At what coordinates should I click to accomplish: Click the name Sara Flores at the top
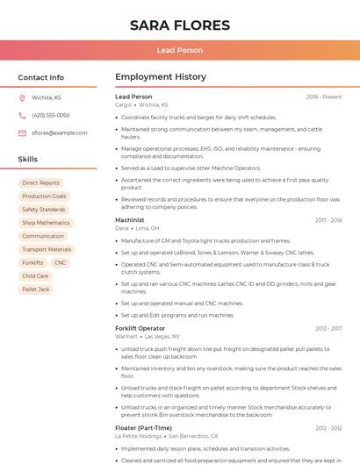point(180,25)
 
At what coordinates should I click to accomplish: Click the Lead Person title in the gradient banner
point(180,50)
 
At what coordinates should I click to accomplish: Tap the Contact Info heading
point(41,77)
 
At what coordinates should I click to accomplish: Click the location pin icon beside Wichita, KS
point(22,97)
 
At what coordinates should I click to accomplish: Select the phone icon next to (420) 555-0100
point(22,115)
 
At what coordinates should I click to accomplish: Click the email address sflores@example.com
point(60,132)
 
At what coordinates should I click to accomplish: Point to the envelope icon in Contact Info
point(22,132)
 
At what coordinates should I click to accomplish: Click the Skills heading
point(28,159)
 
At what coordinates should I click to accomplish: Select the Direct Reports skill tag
point(40,183)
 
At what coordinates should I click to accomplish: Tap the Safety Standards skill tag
point(43,210)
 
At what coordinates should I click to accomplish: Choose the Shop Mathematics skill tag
point(46,223)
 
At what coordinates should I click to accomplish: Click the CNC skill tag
point(60,262)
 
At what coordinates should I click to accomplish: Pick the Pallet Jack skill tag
point(36,289)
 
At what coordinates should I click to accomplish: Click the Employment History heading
point(161,77)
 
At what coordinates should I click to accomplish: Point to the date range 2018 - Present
point(324,97)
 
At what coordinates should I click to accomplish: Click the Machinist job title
point(130,220)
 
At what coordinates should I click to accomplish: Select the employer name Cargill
point(123,104)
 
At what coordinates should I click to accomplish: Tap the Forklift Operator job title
point(140,328)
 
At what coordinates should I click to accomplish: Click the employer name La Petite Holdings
point(139,435)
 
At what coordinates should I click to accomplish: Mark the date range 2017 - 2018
point(328,220)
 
